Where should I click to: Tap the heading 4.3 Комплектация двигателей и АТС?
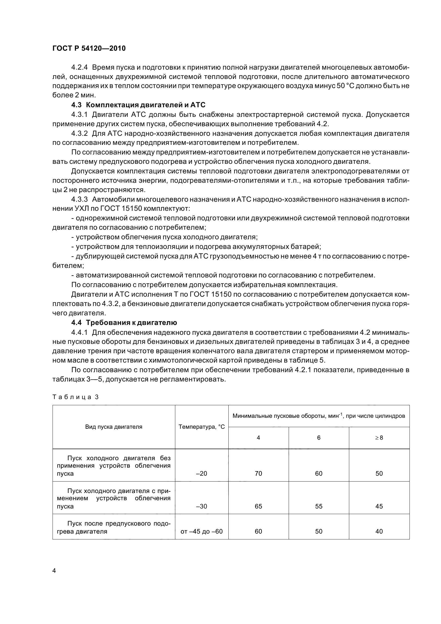pyautogui.click(x=138, y=105)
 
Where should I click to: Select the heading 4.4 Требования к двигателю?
pyautogui.click(x=124, y=323)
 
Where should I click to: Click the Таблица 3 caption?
pyautogui.click(x=75, y=397)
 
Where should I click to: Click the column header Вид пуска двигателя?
pyautogui.click(x=114, y=427)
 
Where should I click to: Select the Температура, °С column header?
pyautogui.click(x=202, y=427)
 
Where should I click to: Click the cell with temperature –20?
pyautogui.click(x=202, y=474)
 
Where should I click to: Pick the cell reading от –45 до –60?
pyautogui.click(x=202, y=531)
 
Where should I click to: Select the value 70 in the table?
pyautogui.click(x=259, y=474)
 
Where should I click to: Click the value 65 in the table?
pyautogui.click(x=259, y=506)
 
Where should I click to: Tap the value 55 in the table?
pyautogui.click(x=319, y=506)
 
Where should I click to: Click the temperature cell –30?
pyautogui.click(x=202, y=506)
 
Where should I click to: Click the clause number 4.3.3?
pyautogui.click(x=79, y=200)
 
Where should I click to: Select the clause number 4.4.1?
pyautogui.click(x=79, y=332)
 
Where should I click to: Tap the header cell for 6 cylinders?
pyautogui.click(x=319, y=438)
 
